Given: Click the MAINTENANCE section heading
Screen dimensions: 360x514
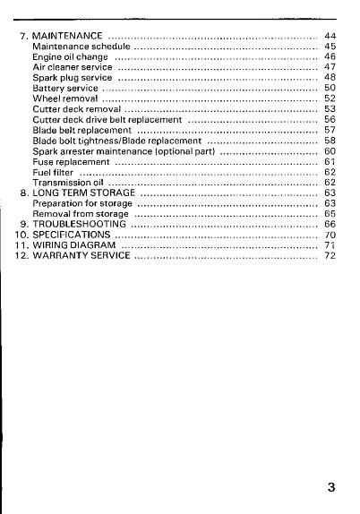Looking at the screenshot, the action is pyautogui.click(x=66, y=34).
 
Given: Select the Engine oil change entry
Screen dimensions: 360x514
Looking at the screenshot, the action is pyautogui.click(x=70, y=56).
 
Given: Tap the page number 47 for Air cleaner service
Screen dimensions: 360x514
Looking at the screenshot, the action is pyautogui.click(x=330, y=67).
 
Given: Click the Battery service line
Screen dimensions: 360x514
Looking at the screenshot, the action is pyautogui.click(x=64, y=89).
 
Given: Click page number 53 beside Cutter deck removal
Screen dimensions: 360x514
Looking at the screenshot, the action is pyautogui.click(x=330, y=109).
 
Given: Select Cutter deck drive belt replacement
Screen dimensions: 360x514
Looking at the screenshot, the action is pyautogui.click(x=107, y=120).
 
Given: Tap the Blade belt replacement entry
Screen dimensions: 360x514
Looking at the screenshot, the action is pyautogui.click(x=81, y=130).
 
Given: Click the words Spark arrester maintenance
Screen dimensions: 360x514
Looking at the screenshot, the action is pyautogui.click(x=99, y=151).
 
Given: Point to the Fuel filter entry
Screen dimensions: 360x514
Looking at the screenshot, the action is pyautogui.click(x=52, y=172).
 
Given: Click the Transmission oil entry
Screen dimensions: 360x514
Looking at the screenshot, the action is pyautogui.click(x=65, y=182).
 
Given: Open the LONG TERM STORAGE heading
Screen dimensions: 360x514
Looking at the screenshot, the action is pyautogui.click(x=82, y=193).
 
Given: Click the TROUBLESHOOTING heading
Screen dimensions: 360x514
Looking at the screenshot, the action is pyautogui.click(x=80, y=224).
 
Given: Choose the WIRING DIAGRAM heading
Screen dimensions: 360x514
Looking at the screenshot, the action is pyautogui.click(x=74, y=244).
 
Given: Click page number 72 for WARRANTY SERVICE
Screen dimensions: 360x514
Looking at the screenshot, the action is pyautogui.click(x=330, y=255).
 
